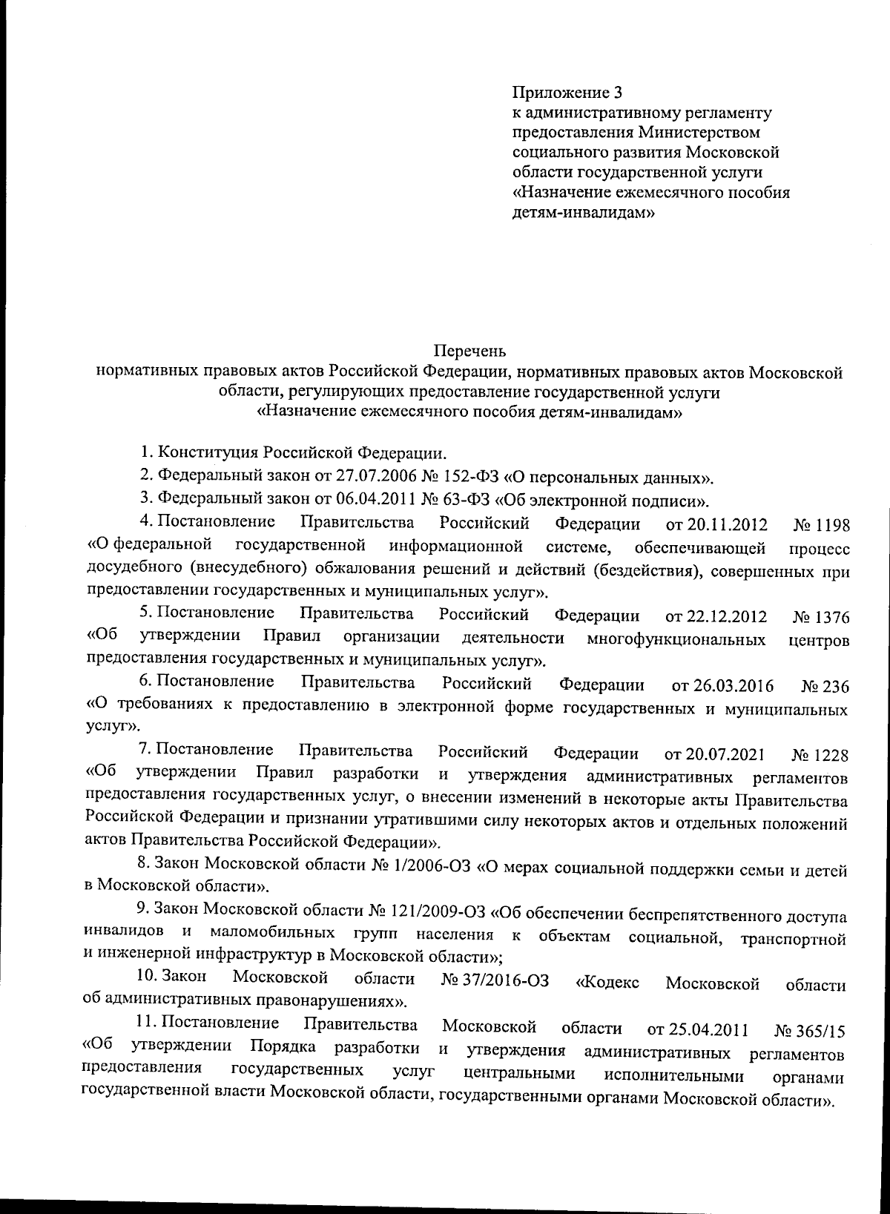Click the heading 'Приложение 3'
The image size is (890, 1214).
click(x=567, y=93)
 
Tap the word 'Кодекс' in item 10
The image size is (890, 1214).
click(x=607, y=983)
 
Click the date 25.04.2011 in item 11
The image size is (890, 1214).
click(x=697, y=1030)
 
